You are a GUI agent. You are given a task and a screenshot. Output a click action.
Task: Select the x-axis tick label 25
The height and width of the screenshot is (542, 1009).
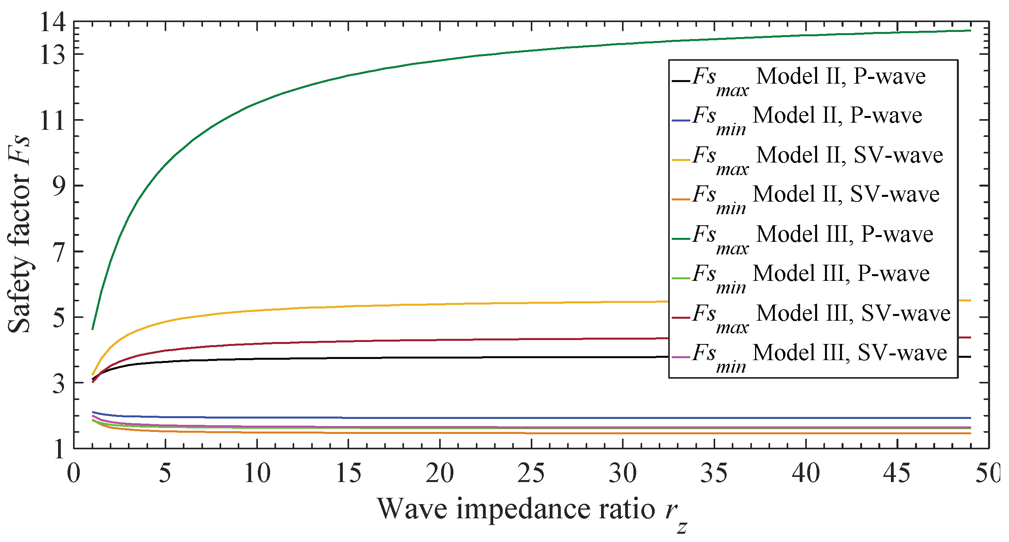pos(531,473)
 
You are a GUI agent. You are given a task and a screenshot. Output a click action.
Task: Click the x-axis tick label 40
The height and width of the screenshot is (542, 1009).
pos(806,473)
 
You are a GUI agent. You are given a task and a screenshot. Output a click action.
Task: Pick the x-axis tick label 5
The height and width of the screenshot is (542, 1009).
pos(165,473)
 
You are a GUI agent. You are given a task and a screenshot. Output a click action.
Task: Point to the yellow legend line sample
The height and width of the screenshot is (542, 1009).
pos(681,160)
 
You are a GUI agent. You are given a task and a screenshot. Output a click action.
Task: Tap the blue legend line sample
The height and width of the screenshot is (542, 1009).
pos(681,120)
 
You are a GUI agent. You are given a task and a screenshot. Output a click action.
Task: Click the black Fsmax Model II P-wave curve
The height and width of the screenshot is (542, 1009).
pos(395,358)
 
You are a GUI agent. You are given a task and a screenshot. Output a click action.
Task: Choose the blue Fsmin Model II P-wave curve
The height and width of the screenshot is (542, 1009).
pos(395,418)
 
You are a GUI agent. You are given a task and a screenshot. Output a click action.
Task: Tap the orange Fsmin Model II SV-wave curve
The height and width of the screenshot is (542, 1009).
pos(395,433)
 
